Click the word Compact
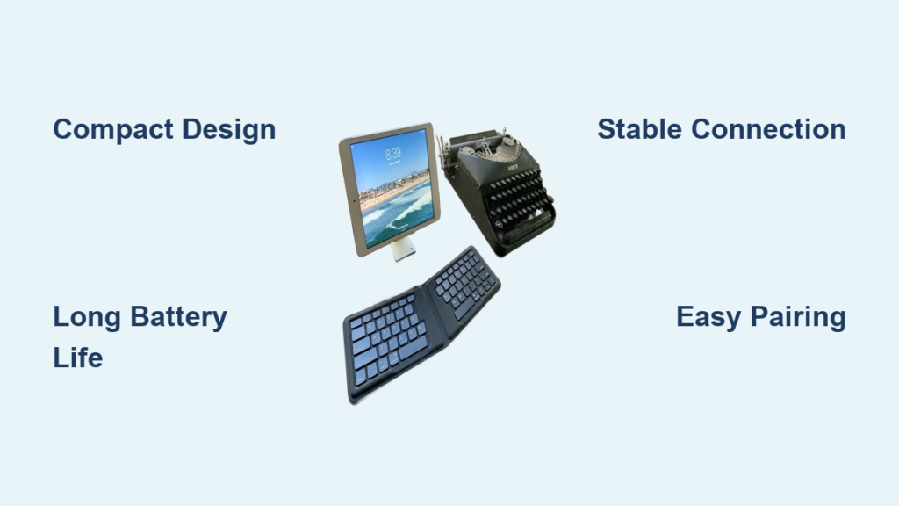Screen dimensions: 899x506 pyautogui.click(x=113, y=130)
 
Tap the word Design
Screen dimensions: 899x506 pyautogui.click(x=229, y=129)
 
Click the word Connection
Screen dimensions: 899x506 pyautogui.click(x=768, y=129)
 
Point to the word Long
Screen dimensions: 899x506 pyautogui.click(x=87, y=317)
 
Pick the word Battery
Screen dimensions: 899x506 pyautogui.click(x=179, y=317)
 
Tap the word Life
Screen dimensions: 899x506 pyautogui.click(x=78, y=358)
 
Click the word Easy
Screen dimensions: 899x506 pyautogui.click(x=708, y=317)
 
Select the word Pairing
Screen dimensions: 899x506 pyautogui.click(x=797, y=317)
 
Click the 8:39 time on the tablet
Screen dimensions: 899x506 pyautogui.click(x=393, y=154)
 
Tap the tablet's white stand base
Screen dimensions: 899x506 pyautogui.click(x=403, y=249)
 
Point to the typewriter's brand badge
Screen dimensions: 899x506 pyautogui.click(x=513, y=168)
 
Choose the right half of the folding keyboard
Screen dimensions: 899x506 pyautogui.click(x=464, y=283)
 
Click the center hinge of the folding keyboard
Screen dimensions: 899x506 pyautogui.click(x=435, y=313)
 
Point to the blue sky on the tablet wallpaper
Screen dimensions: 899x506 pyautogui.click(x=390, y=158)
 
